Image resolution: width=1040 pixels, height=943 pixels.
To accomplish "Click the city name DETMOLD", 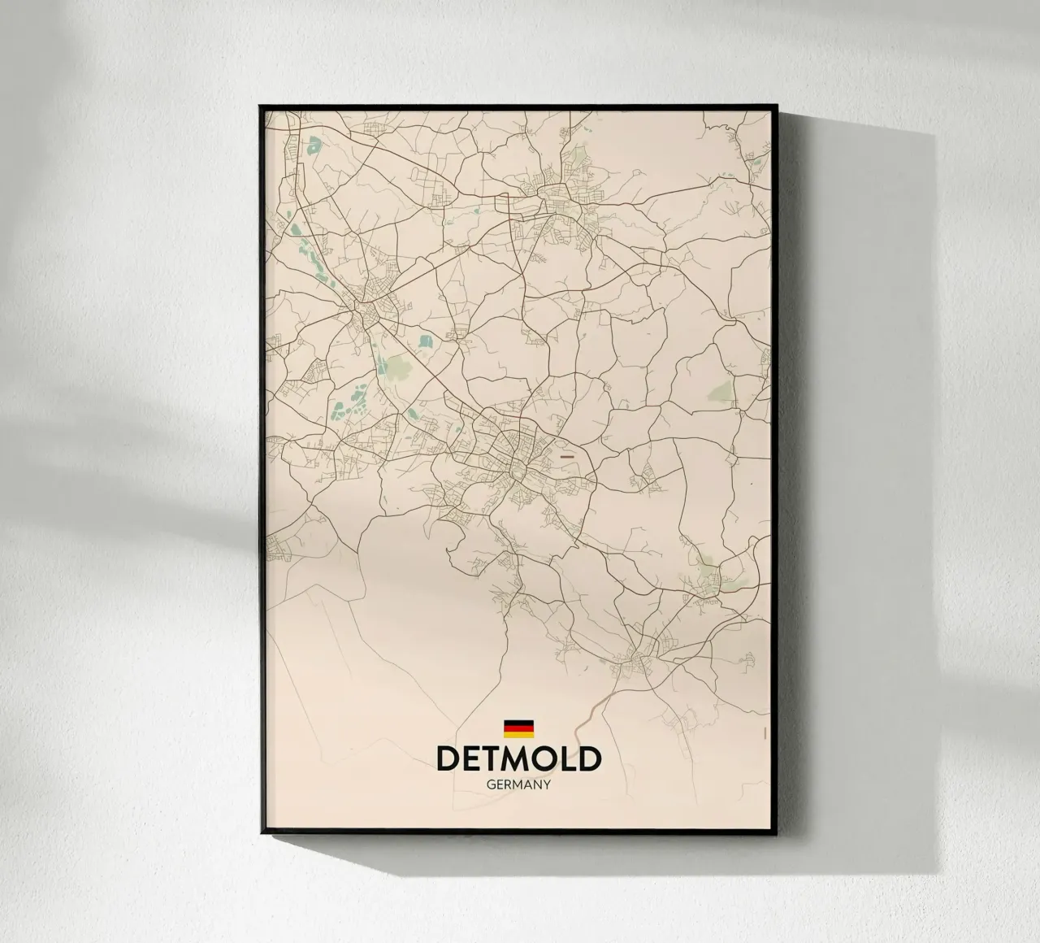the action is coord(518,758).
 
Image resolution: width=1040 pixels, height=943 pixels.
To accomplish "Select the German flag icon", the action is coord(518,728).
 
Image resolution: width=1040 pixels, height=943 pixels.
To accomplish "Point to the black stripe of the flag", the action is coord(518,722).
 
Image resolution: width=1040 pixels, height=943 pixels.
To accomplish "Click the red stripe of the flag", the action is coord(518,728).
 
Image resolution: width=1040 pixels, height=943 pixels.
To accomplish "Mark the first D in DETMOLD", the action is coord(448,758).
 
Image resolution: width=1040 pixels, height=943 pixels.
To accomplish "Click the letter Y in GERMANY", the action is coord(548,785).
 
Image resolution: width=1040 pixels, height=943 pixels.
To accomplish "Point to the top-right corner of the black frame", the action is coord(778,106).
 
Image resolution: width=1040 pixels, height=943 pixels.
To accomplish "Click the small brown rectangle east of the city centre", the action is coord(567,457).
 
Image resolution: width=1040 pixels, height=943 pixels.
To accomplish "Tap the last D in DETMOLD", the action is coord(590,758).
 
